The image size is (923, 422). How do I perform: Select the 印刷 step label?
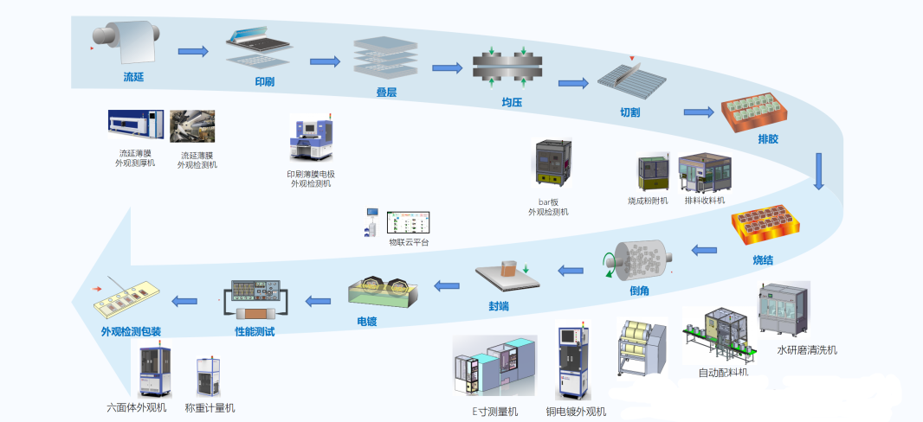click(x=264, y=82)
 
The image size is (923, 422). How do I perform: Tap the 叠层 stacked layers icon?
click(x=378, y=58)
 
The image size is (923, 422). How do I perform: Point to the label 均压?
click(x=512, y=102)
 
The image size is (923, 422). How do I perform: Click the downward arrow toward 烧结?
click(x=819, y=171)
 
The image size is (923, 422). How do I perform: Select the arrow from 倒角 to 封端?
click(x=571, y=271)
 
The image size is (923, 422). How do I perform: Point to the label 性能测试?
click(x=255, y=331)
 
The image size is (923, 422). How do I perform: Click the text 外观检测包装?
click(x=132, y=331)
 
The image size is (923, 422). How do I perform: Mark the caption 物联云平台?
click(x=409, y=242)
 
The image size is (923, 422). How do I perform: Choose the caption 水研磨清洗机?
click(x=807, y=350)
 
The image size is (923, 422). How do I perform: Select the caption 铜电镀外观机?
click(x=576, y=412)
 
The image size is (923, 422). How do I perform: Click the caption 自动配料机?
click(x=723, y=373)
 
